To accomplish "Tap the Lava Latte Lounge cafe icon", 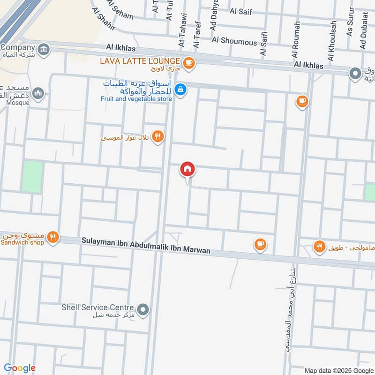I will tap(188, 62).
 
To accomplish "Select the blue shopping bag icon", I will tap(180, 89).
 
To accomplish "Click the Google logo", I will tap(20, 368).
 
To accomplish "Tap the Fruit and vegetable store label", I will tap(136, 99).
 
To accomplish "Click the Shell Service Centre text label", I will tap(98, 307).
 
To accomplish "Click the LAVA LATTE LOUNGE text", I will tap(140, 61).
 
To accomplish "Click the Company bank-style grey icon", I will tap(44, 49).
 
